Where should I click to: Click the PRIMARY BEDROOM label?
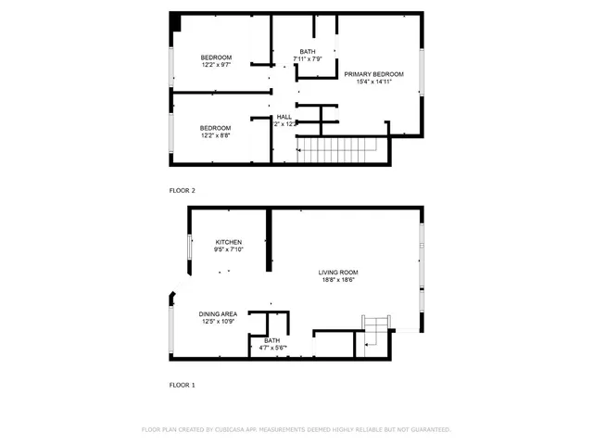373,73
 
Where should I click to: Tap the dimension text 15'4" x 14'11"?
373,82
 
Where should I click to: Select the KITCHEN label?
229,242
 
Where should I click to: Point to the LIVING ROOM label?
338,272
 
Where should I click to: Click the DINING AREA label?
218,314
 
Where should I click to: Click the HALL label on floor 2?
284,117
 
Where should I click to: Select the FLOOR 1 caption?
182,384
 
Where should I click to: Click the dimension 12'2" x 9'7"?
217,65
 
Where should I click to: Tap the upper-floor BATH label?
307,52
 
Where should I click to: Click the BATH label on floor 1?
271,340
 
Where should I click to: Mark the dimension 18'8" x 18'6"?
338,280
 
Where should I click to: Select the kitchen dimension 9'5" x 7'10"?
229,249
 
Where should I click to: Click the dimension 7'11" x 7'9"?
307,59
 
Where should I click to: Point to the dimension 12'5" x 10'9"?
218,322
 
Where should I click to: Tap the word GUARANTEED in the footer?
429,430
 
